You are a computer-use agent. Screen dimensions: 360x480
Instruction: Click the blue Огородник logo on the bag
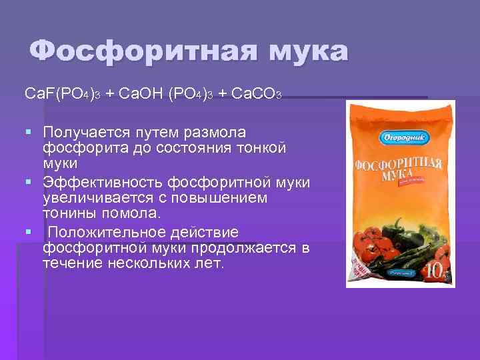381,136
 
